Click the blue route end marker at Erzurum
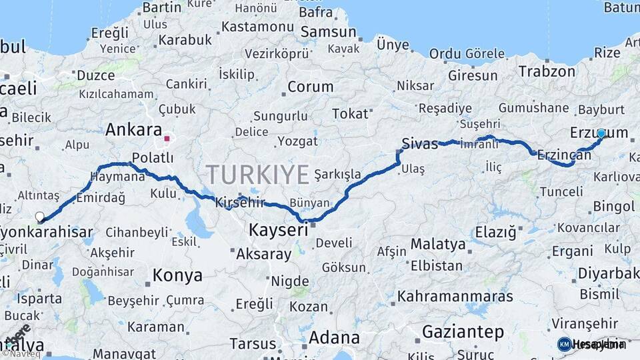click(601, 133)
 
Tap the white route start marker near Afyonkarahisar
click(40, 217)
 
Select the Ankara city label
click(133, 129)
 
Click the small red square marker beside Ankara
click(167, 139)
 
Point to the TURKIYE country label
click(257, 175)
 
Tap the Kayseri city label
click(278, 231)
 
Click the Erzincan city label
click(564, 155)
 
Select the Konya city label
click(177, 275)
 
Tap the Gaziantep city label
click(463, 331)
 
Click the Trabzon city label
click(547, 71)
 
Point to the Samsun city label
click(328, 32)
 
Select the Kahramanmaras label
click(455, 296)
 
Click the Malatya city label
click(438, 244)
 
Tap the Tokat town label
click(350, 113)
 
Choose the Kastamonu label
click(257, 27)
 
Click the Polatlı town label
click(153, 157)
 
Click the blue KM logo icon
click(564, 344)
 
